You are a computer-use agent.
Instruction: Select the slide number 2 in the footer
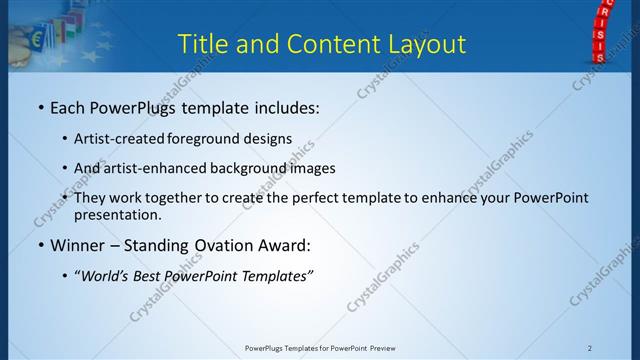click(x=590, y=347)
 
